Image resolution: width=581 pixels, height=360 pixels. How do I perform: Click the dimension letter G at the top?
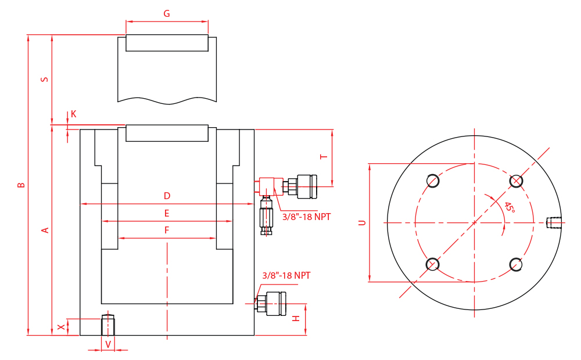point(167,14)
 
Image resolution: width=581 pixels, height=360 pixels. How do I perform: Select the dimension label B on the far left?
point(21,185)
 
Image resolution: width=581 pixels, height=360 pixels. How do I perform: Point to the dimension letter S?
point(45,80)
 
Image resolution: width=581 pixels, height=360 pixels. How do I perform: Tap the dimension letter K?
point(73,114)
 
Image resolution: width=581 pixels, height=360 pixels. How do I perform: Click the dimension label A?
point(45,230)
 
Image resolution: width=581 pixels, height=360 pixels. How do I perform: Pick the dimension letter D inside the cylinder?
point(167,196)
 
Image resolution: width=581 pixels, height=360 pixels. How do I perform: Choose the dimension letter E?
point(167,213)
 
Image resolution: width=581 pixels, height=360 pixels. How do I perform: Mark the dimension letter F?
point(167,231)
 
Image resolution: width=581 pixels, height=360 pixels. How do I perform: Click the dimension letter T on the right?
point(324,157)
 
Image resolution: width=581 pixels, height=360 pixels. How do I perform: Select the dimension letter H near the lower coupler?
point(296,318)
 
